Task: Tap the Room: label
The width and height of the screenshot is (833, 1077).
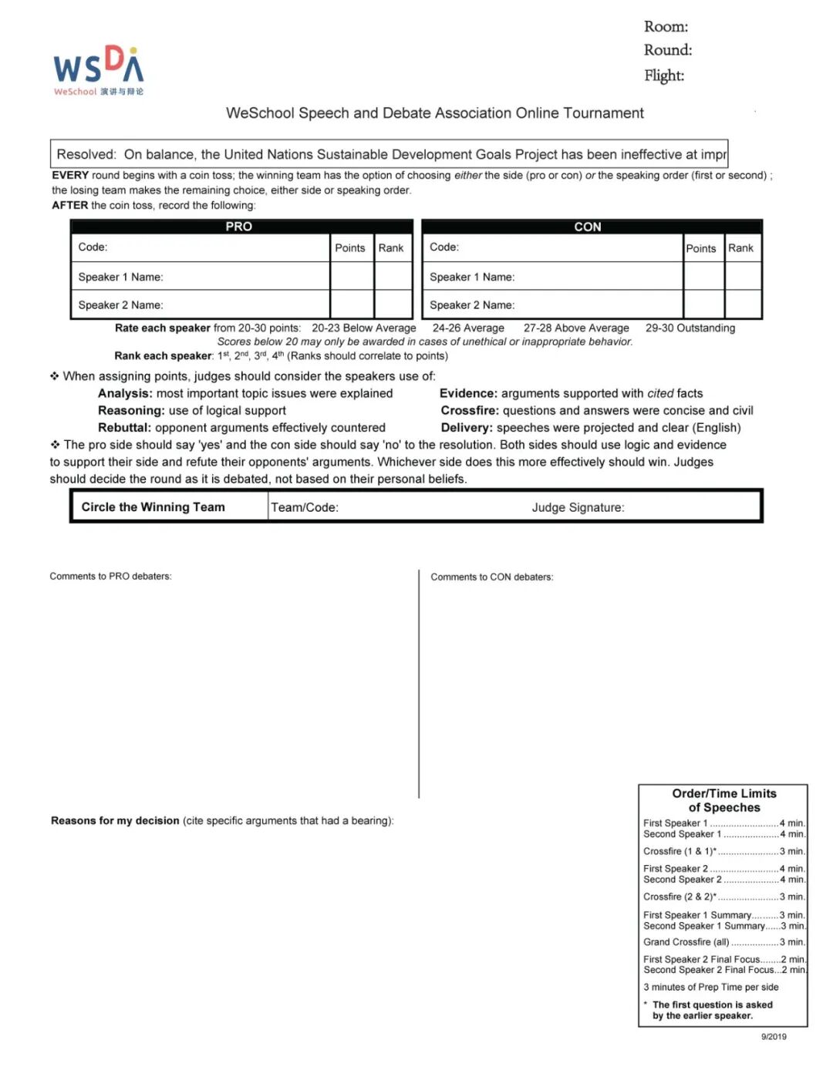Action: (x=666, y=27)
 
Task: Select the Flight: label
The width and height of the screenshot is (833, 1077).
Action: (x=664, y=76)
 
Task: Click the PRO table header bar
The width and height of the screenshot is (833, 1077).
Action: (x=239, y=227)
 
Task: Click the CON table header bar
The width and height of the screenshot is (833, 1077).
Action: (x=588, y=227)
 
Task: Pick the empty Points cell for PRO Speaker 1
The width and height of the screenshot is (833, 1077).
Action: (x=352, y=277)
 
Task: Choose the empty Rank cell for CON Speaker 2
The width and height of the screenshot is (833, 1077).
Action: (x=743, y=305)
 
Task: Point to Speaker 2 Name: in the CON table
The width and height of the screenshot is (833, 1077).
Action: (x=472, y=305)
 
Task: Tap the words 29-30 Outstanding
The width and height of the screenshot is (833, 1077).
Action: (x=690, y=328)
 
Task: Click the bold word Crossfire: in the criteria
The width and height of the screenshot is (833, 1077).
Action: (x=470, y=411)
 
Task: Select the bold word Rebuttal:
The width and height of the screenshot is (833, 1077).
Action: (x=124, y=428)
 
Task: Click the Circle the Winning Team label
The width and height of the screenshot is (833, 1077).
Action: (x=153, y=507)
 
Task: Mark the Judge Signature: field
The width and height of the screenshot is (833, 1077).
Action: (x=578, y=508)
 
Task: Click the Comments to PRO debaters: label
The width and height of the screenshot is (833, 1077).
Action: (x=110, y=577)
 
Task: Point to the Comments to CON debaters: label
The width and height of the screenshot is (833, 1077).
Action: (x=491, y=577)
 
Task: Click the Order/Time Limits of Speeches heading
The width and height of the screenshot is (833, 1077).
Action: (x=724, y=801)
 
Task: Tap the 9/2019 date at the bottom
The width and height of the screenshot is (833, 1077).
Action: (x=774, y=1037)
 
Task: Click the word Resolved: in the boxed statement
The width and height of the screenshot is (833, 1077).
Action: (x=86, y=155)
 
